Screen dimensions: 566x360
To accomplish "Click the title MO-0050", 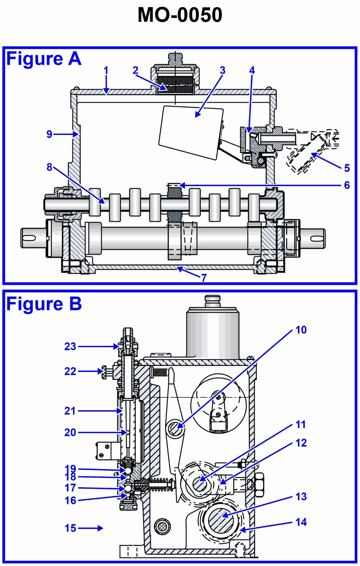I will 180,15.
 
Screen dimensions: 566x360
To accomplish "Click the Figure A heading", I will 44,59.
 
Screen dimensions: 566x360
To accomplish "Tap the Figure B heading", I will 44,304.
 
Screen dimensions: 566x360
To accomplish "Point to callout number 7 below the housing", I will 203,278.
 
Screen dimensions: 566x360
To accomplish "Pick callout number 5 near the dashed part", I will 346,168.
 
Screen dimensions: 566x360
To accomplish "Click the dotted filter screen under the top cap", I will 176,88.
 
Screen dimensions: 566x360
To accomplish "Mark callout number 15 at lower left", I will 70,528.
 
